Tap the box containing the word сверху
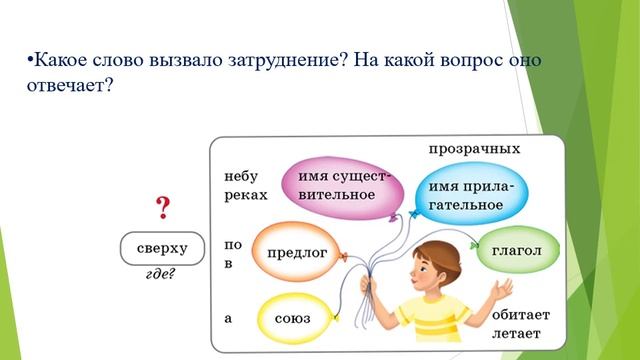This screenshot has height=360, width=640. point(162,246)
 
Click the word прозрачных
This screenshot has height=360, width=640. point(474,149)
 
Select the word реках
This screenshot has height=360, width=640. point(245,195)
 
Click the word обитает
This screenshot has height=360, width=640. point(521,314)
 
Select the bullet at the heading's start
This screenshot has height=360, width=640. point(29,60)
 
